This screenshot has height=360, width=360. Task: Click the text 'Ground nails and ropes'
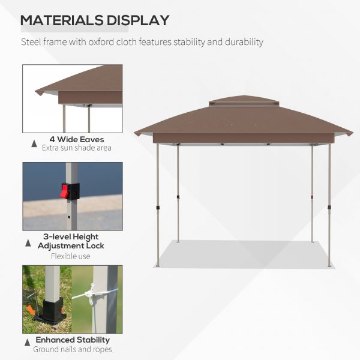pyautogui.click(x=72, y=349)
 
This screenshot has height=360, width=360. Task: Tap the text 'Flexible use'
pyautogui.click(x=71, y=256)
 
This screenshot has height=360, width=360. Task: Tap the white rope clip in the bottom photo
pyautogui.click(x=91, y=293)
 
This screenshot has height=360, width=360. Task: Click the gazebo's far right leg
pyautogui.click(x=329, y=204)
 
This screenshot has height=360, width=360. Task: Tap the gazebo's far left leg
pyautogui.click(x=158, y=204)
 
